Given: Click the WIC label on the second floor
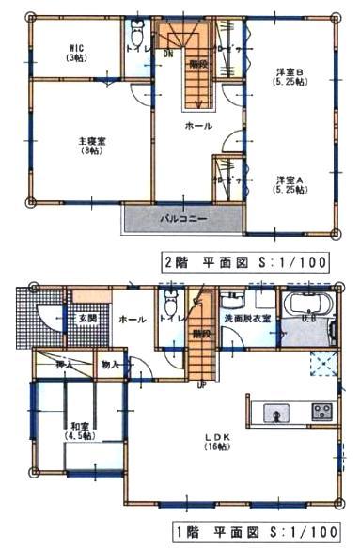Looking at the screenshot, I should click(x=75, y=52).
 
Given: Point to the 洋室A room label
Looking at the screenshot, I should click(x=288, y=185).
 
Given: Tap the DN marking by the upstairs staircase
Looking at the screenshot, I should click(x=168, y=54).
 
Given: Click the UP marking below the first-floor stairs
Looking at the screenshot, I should click(x=200, y=383).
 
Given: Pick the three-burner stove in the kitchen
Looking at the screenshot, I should click(x=321, y=411).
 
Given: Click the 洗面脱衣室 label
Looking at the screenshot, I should click(x=247, y=320).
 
